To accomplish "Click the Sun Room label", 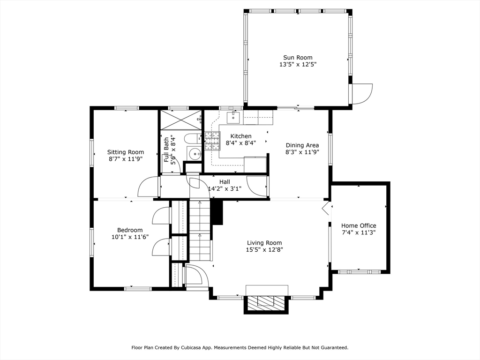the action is point(298,58).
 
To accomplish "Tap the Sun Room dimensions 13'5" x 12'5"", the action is point(298,65).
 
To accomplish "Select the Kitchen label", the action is point(241,136).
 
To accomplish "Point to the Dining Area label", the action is point(302,145).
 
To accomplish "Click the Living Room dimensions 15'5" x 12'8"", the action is point(264,249).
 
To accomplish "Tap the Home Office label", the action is point(359,225).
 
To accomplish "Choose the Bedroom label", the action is point(130,230).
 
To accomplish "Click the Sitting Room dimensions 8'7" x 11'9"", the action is point(126,159).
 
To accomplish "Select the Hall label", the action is point(225,182).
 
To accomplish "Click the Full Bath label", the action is point(166,150).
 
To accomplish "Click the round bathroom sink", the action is point(195,153).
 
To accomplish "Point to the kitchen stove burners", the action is point(213,141).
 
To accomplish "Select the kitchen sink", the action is point(234,117).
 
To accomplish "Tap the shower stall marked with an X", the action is point(180,120).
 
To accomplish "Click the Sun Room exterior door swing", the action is point(362,94).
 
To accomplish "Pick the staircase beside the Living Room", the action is point(200,230).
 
